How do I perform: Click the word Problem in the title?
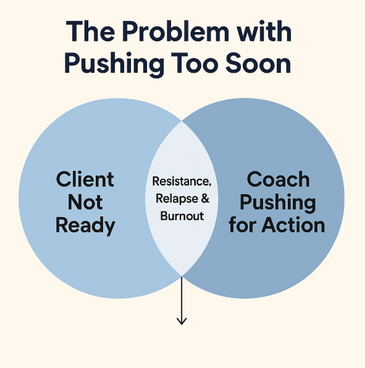[175, 31]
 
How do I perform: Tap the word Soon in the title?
[258, 63]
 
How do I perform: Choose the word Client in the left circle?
[85, 179]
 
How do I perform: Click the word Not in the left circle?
[85, 202]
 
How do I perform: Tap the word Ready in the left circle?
[85, 226]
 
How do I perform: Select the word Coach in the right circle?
[278, 179]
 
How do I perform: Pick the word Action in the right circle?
[293, 225]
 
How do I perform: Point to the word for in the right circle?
[243, 225]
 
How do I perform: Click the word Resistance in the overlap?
[180, 181]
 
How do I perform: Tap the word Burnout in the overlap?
[182, 216]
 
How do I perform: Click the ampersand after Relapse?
[205, 198]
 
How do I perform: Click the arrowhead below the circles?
[182, 321]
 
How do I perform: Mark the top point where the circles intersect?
[182, 121]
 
